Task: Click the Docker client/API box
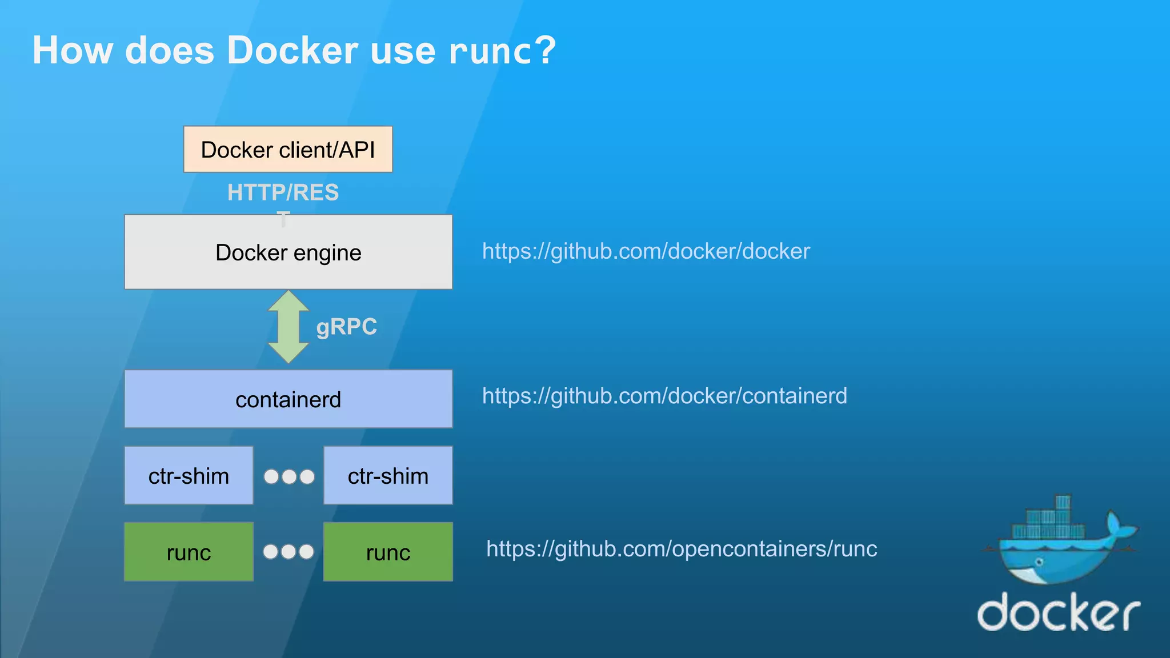click(x=288, y=150)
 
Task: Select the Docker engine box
click(x=288, y=252)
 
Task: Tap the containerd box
click(x=288, y=399)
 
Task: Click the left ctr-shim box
click(x=189, y=475)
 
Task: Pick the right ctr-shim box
click(x=388, y=475)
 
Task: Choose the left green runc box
click(x=189, y=552)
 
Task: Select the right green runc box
click(x=388, y=552)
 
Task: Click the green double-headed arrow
click(x=289, y=327)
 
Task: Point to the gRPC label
click(x=346, y=327)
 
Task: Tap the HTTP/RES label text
click(x=283, y=192)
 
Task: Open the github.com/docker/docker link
click(x=646, y=251)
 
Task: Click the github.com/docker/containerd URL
click(x=664, y=396)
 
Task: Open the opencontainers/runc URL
click(x=681, y=548)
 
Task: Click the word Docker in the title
click(x=292, y=50)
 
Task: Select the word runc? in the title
click(x=502, y=50)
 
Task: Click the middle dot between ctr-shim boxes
click(x=289, y=476)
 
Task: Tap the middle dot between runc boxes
click(x=289, y=552)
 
